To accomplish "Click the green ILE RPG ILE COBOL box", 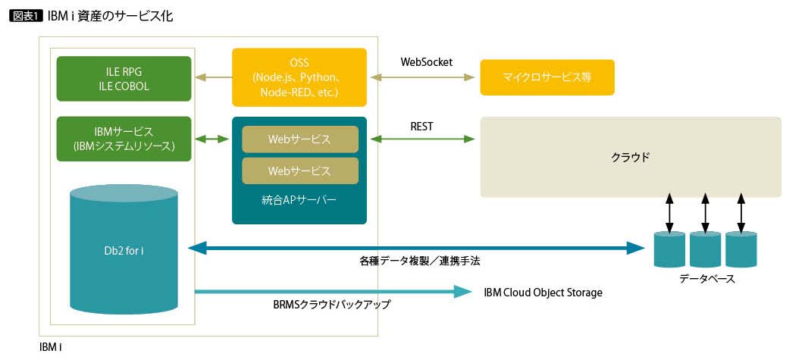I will pyautogui.click(x=125, y=78).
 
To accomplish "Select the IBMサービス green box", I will pyautogui.click(x=125, y=139).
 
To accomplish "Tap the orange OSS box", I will pyautogui.click(x=299, y=77).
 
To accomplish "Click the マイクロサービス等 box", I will pyautogui.click(x=547, y=78).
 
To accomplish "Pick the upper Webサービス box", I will pyautogui.click(x=299, y=139).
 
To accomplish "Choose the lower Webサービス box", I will pyautogui.click(x=299, y=171).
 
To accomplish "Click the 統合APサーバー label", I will pyautogui.click(x=299, y=201).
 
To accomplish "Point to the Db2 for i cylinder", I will pyautogui.click(x=124, y=250).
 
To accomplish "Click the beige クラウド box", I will pyautogui.click(x=630, y=157).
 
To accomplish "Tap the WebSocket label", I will pyautogui.click(x=426, y=62).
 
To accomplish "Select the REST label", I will pyautogui.click(x=421, y=127).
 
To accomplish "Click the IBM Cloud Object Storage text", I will pyautogui.click(x=543, y=293).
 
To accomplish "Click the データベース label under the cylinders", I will pyautogui.click(x=706, y=279).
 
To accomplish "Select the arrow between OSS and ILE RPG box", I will pyautogui.click(x=213, y=77).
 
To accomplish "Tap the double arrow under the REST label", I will pyautogui.click(x=421, y=139).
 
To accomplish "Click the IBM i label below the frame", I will pyautogui.click(x=50, y=347).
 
